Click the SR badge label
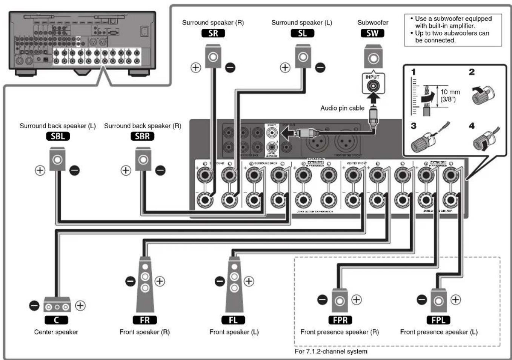213,33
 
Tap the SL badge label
302,33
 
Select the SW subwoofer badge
372,33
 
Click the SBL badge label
58,136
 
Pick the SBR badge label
142,136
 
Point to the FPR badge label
340,320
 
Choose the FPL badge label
438,320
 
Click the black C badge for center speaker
56,320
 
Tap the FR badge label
145,320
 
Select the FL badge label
233,320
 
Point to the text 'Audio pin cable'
342,108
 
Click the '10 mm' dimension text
450,92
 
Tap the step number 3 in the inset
414,126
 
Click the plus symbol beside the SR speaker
195,68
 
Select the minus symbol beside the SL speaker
320,68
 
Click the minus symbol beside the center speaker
34,305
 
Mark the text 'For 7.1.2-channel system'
331,351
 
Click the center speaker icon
57,305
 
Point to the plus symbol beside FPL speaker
456,300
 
